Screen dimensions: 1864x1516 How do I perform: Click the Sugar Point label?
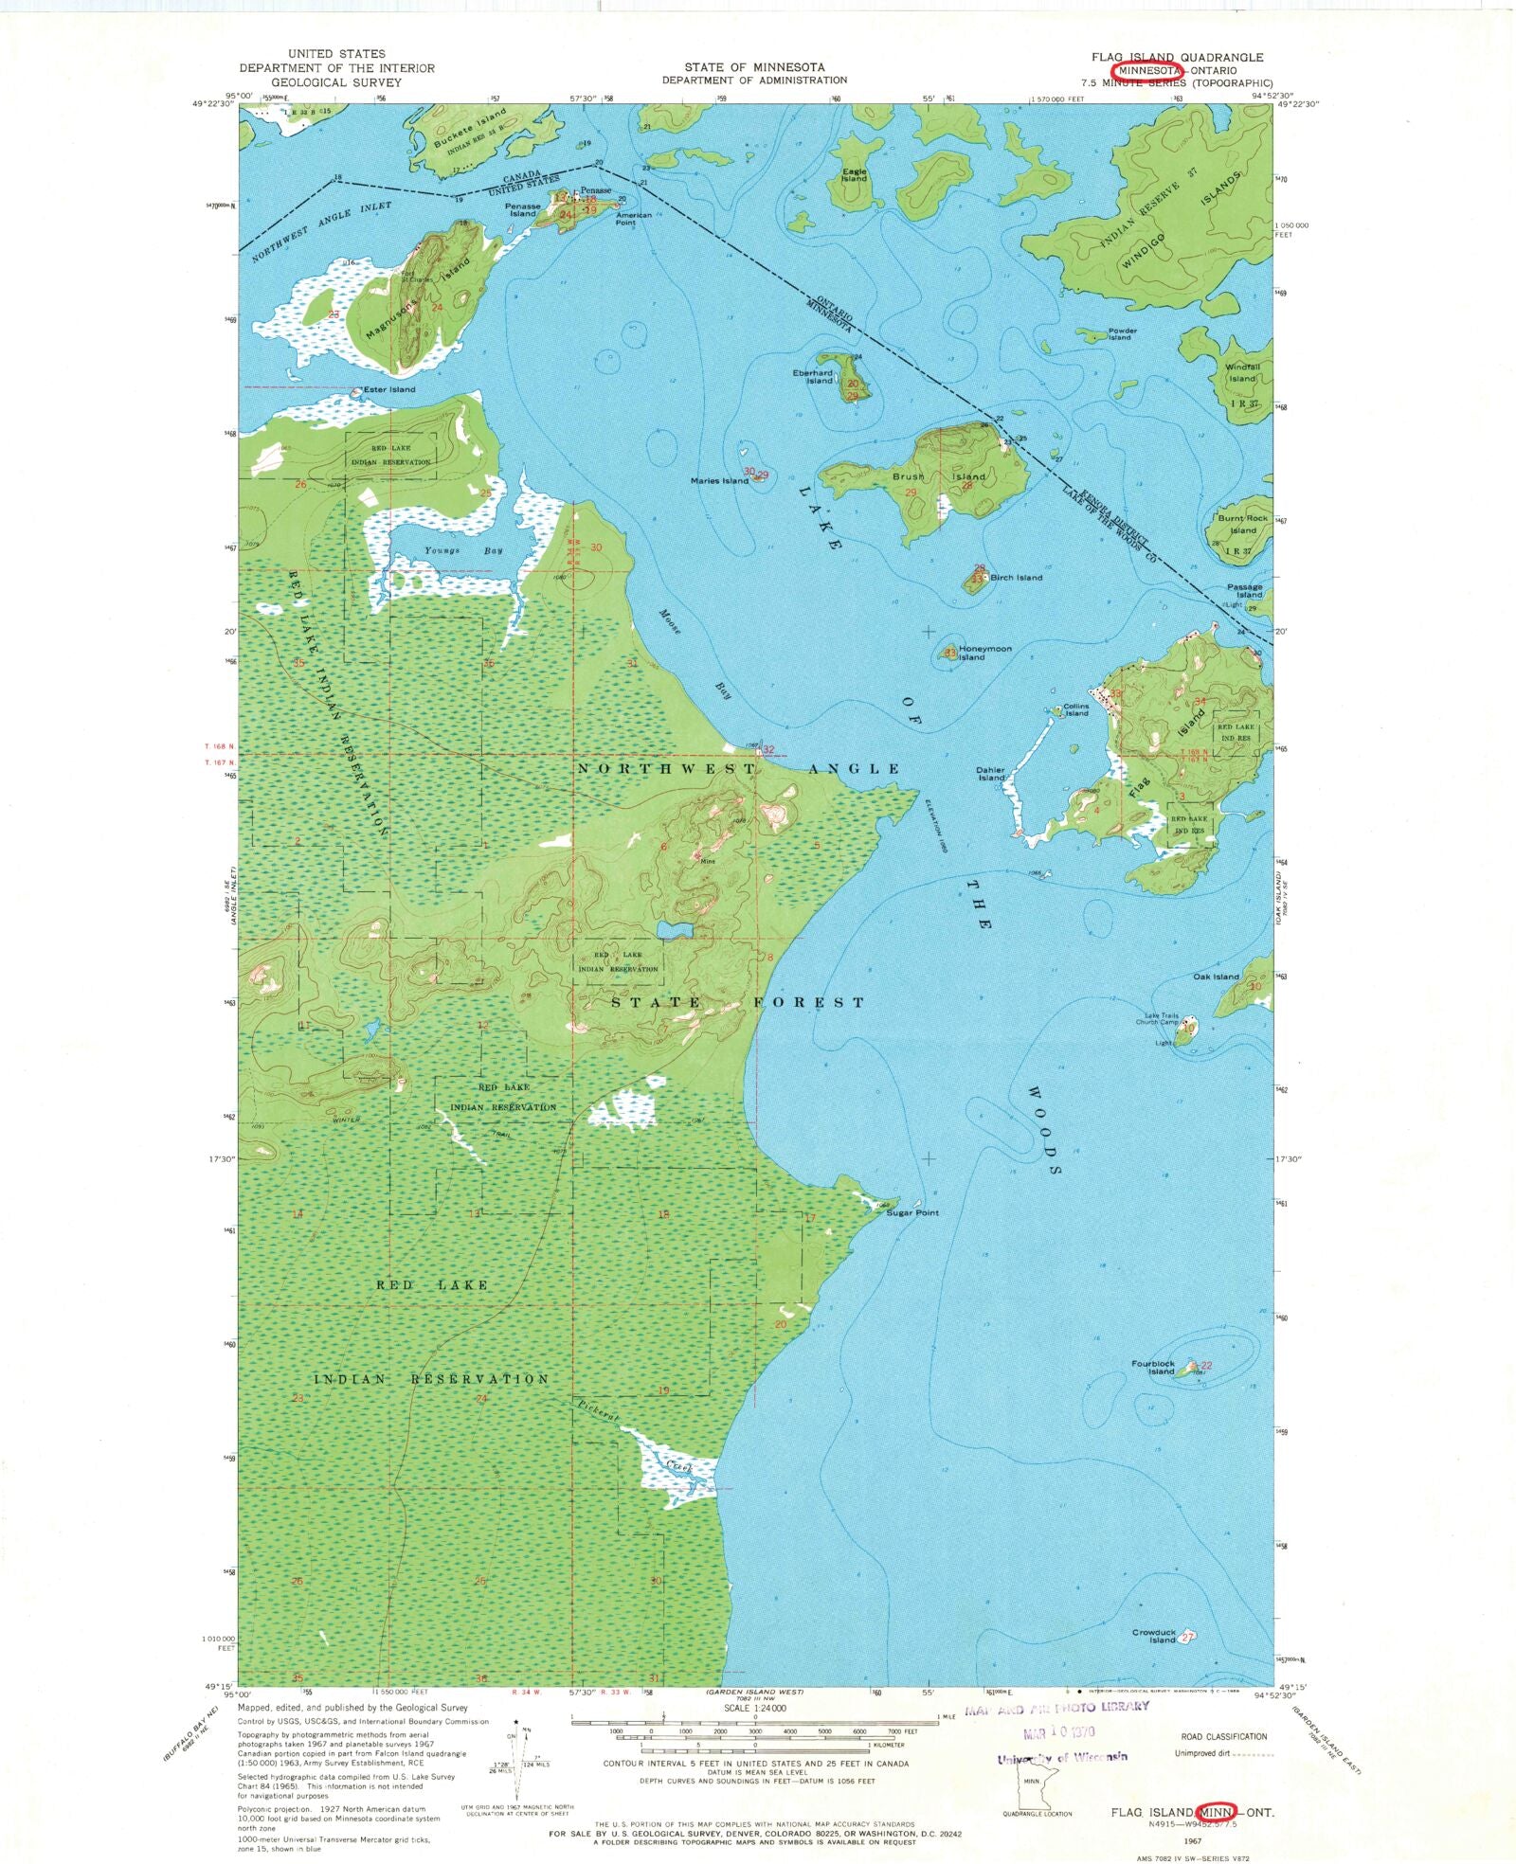tap(911, 1212)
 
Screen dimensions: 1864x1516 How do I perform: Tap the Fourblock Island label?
tap(1152, 1368)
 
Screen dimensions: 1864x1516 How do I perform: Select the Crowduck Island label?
tap(1153, 1636)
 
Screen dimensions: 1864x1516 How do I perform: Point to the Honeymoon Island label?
tap(984, 653)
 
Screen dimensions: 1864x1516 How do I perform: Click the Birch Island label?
tap(1016, 577)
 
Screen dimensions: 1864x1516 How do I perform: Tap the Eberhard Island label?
tap(813, 376)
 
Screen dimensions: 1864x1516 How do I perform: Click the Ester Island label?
tap(388, 389)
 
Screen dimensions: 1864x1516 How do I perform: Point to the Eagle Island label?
tap(854, 175)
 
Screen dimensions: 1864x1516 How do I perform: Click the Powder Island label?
tap(1120, 334)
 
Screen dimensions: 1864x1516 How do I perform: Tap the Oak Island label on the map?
tap(1216, 977)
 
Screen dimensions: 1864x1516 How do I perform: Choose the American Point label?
tap(634, 218)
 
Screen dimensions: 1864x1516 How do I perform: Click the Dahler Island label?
tap(990, 774)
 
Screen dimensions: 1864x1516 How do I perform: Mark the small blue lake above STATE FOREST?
tap(675, 929)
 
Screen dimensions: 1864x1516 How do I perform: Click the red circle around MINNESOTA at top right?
tap(1148, 71)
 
